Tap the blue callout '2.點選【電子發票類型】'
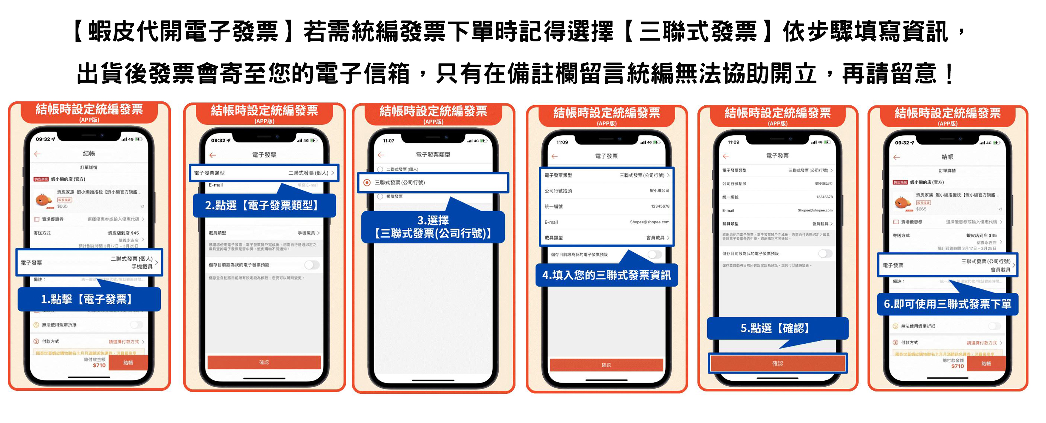pos(264,206)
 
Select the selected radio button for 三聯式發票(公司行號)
pos(367,183)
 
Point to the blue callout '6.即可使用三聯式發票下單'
pos(947,304)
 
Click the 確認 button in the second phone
pos(264,362)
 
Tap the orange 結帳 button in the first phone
pos(128,362)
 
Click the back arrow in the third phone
pos(380,155)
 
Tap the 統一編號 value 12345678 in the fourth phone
pos(660,206)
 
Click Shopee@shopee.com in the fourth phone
pos(649,222)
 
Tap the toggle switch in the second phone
pos(312,265)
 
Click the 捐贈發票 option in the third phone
pos(394,197)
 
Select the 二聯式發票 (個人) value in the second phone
pos(308,173)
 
